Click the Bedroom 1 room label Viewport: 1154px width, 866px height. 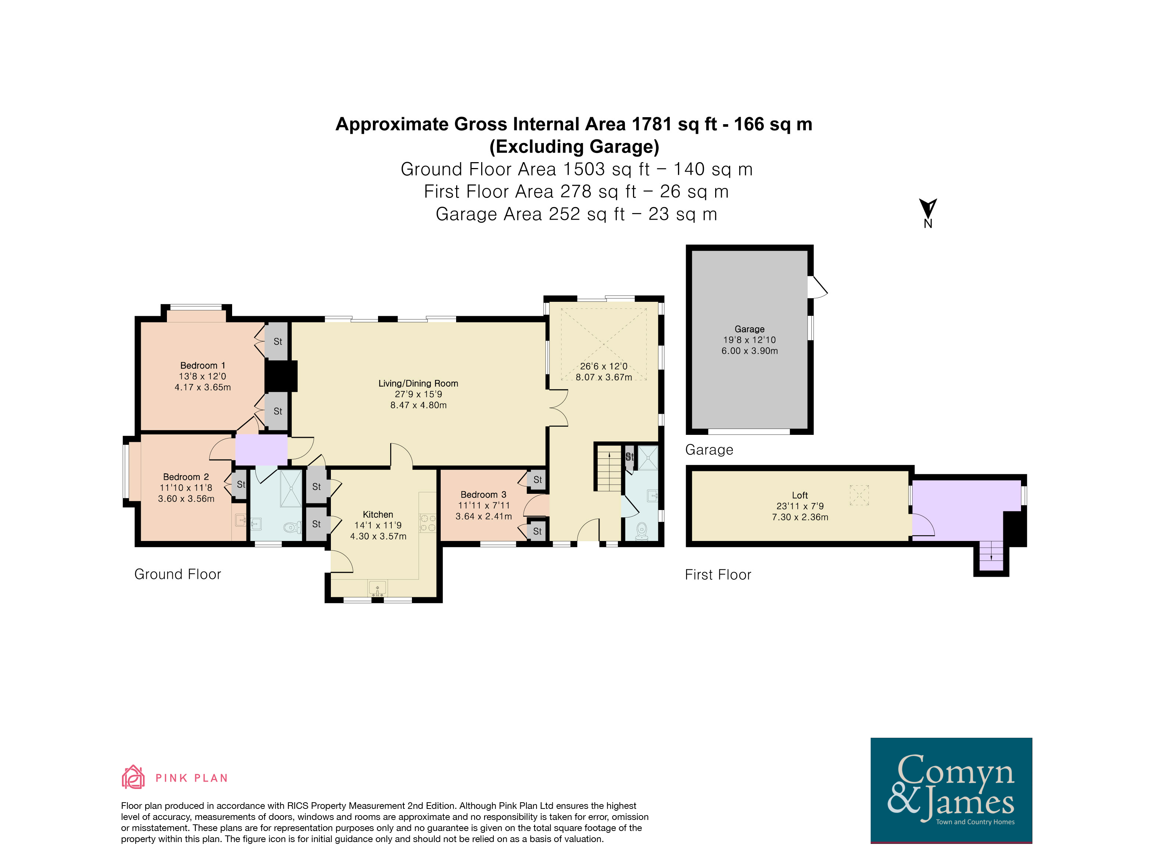[202, 366]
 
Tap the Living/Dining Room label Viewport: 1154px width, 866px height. [419, 384]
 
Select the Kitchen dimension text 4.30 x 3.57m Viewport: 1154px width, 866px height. [378, 536]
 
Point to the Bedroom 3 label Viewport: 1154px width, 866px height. [483, 495]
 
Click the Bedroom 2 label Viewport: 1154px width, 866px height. [186, 477]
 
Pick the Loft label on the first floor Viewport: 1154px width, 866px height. [800, 495]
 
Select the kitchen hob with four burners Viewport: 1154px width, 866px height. [428, 523]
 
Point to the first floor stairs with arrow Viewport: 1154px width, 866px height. [991, 557]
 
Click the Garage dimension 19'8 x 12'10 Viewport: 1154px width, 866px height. [749, 340]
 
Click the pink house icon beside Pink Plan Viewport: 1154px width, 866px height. [133, 777]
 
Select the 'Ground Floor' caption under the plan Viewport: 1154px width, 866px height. [177, 575]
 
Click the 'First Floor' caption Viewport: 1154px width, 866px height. [718, 575]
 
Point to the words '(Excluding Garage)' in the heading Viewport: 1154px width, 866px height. [574, 147]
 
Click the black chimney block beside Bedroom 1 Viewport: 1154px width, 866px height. [281, 376]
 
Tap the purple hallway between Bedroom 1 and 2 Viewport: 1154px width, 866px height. [261, 449]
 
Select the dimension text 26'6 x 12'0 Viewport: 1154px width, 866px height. [604, 366]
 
